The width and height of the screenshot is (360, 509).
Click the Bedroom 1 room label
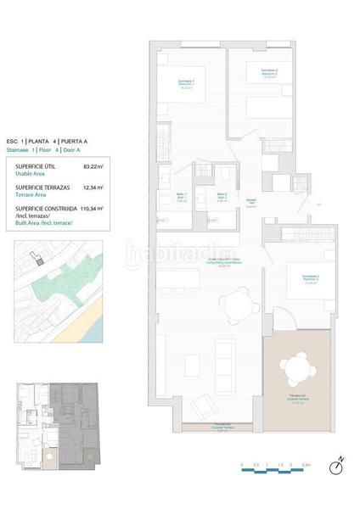click(x=186, y=83)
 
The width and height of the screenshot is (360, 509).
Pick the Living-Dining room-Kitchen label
click(x=205, y=261)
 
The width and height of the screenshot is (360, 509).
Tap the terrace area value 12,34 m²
click(x=93, y=187)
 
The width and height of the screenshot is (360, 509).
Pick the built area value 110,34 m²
click(x=92, y=208)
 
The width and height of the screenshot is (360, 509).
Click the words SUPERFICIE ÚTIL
click(x=35, y=166)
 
